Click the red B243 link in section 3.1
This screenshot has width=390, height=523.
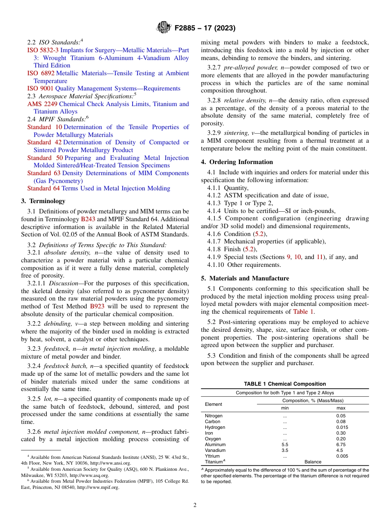(x=88, y=219)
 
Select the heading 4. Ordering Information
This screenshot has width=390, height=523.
(x=236, y=162)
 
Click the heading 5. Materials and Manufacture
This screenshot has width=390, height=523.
(x=245, y=278)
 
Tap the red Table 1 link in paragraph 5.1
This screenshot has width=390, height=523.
(x=303, y=311)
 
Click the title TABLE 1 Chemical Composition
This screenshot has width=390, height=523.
(x=285, y=384)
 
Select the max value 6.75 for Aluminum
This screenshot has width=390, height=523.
(x=341, y=444)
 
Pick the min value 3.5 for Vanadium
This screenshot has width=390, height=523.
(x=285, y=450)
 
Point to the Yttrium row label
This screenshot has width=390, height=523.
(x=212, y=456)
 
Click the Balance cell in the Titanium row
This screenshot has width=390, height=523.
(x=313, y=462)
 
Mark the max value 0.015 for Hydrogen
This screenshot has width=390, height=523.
(x=342, y=427)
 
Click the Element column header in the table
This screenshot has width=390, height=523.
(x=213, y=404)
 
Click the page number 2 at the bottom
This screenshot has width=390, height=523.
(x=195, y=505)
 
